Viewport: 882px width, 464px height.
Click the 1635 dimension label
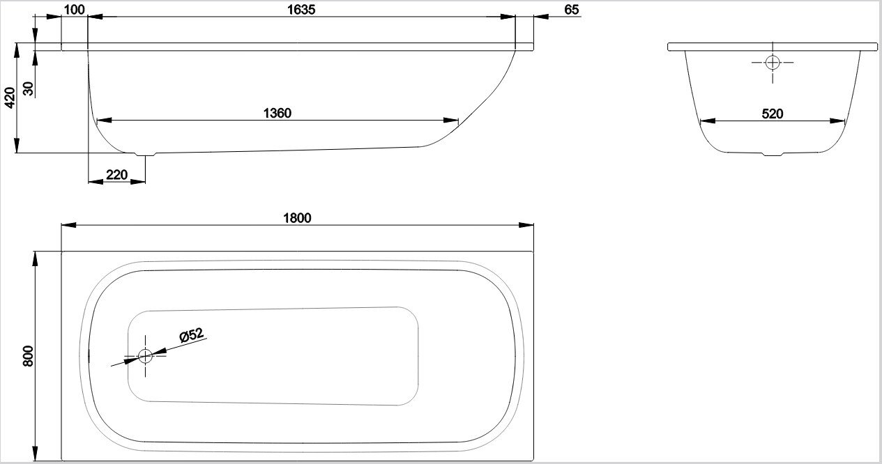tap(301, 10)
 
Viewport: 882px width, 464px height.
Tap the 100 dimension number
tap(74, 10)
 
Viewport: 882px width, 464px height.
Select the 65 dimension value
tap(571, 10)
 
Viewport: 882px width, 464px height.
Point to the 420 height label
tap(10, 98)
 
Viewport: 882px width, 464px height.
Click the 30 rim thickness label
tap(29, 88)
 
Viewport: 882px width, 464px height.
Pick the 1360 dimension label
tap(277, 114)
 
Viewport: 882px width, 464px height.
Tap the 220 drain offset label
tap(116, 174)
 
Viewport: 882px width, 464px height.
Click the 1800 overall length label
tap(297, 218)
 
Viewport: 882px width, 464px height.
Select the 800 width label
tap(29, 356)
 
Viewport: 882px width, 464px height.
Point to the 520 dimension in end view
tap(772, 114)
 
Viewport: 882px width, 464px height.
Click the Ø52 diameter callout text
tap(192, 335)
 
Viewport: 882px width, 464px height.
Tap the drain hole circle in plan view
tap(145, 356)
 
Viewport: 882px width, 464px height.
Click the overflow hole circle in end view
tap(773, 63)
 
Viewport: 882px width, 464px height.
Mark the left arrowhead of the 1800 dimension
tap(68, 225)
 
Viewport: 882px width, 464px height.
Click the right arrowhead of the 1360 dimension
tap(451, 121)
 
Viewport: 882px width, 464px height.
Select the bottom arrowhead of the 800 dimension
tap(35, 454)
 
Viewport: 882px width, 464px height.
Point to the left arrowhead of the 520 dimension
tap(708, 121)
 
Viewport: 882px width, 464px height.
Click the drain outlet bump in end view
tap(773, 154)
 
